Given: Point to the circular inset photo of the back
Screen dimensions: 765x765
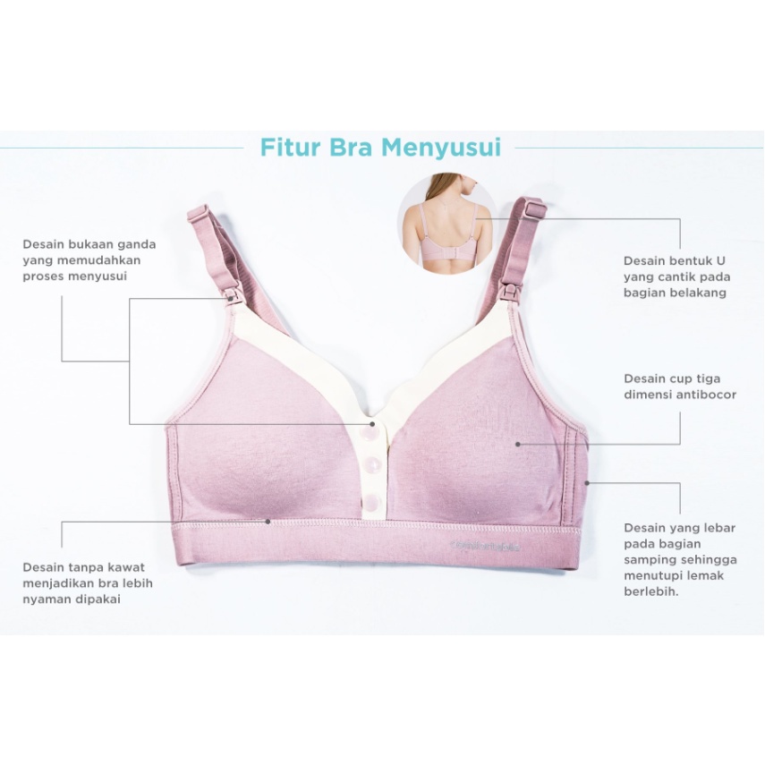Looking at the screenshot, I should pyautogui.click(x=445, y=220).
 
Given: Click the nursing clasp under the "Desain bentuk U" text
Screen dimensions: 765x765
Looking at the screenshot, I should pyautogui.click(x=510, y=290).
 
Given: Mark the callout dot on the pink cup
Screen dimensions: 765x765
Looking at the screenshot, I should pyautogui.click(x=518, y=443).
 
